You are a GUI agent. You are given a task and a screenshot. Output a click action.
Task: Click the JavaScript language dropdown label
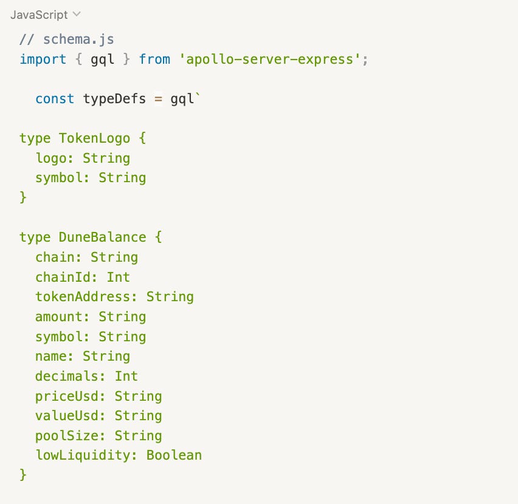pyautogui.click(x=40, y=14)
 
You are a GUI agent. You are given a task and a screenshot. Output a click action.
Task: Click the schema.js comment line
pyautogui.click(x=67, y=39)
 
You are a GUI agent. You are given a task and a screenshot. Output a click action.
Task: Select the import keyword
pyautogui.click(x=43, y=60)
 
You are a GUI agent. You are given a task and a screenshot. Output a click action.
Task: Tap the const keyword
pyautogui.click(x=55, y=98)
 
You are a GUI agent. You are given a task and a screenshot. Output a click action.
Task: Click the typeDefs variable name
pyautogui.click(x=114, y=98)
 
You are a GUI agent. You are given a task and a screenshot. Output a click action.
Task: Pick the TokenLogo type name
pyautogui.click(x=94, y=138)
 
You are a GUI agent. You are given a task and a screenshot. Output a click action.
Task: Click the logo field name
pyautogui.click(x=50, y=158)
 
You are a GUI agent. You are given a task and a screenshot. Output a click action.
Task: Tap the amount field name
pyautogui.click(x=58, y=316)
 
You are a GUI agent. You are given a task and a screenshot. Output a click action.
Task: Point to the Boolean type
pyautogui.click(x=174, y=455)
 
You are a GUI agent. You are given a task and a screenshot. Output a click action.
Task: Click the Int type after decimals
pyautogui.click(x=126, y=376)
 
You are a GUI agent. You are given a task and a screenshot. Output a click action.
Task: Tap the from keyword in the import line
pyautogui.click(x=154, y=60)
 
